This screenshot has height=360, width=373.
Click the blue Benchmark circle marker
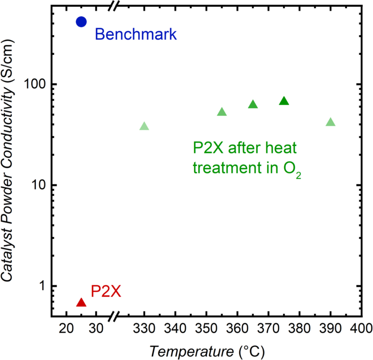pos(81,22)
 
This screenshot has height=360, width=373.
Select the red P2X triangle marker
pos(81,303)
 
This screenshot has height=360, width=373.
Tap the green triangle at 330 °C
pos(144,127)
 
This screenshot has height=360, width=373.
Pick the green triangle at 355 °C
pos(222,112)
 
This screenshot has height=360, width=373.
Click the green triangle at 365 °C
pos(253,105)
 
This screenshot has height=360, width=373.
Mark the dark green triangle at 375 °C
pos(284,101)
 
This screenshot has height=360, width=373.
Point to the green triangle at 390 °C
pos(330,122)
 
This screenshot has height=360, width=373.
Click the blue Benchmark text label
pos(135,35)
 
